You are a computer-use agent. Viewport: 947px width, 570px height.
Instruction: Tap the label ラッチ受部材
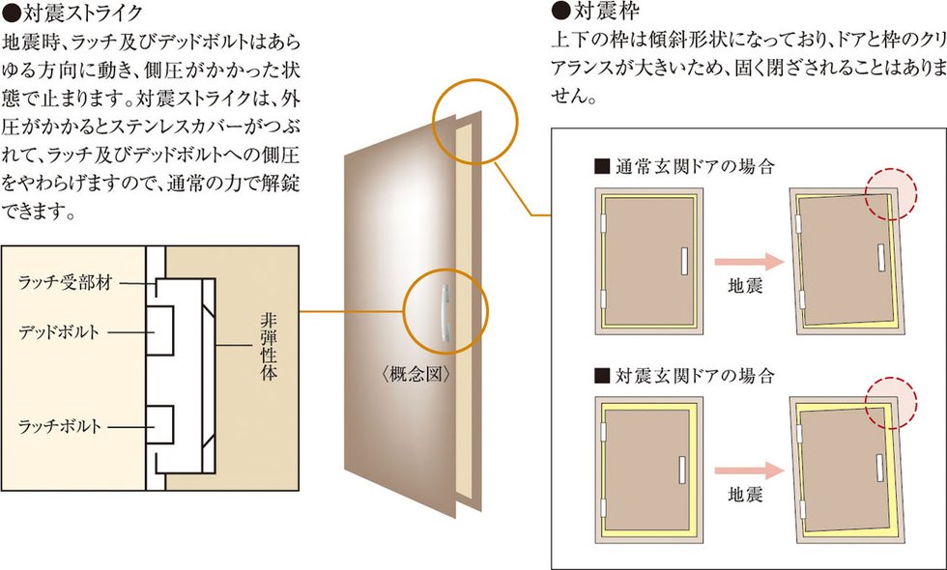click(x=66, y=283)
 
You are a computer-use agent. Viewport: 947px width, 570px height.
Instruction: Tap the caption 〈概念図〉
click(x=417, y=374)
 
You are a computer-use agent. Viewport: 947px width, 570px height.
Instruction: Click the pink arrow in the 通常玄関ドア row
click(x=746, y=260)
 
